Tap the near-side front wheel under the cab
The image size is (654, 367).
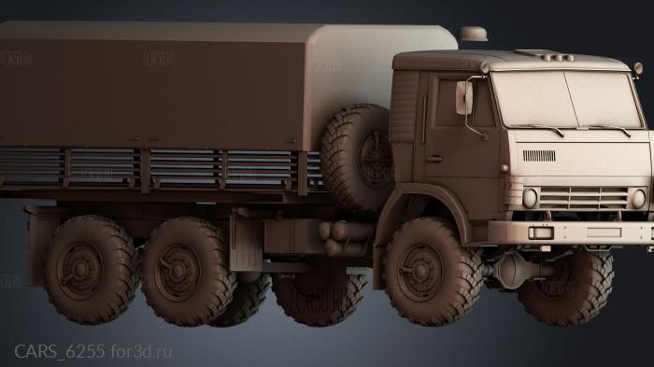pos(426,271)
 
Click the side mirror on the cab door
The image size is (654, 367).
pos(463,97)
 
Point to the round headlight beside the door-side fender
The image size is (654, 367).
pos(530,198)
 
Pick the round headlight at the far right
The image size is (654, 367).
pos(639,198)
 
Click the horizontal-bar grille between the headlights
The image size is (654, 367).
pos(583,197)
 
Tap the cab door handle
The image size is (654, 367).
pos(434,159)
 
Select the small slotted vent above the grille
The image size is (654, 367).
pos(539,155)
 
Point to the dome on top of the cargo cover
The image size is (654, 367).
pos(474,34)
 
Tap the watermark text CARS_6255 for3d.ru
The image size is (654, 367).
pos(93,351)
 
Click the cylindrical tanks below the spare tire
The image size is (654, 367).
pos(346,238)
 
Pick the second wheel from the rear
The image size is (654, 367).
pos(186,271)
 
